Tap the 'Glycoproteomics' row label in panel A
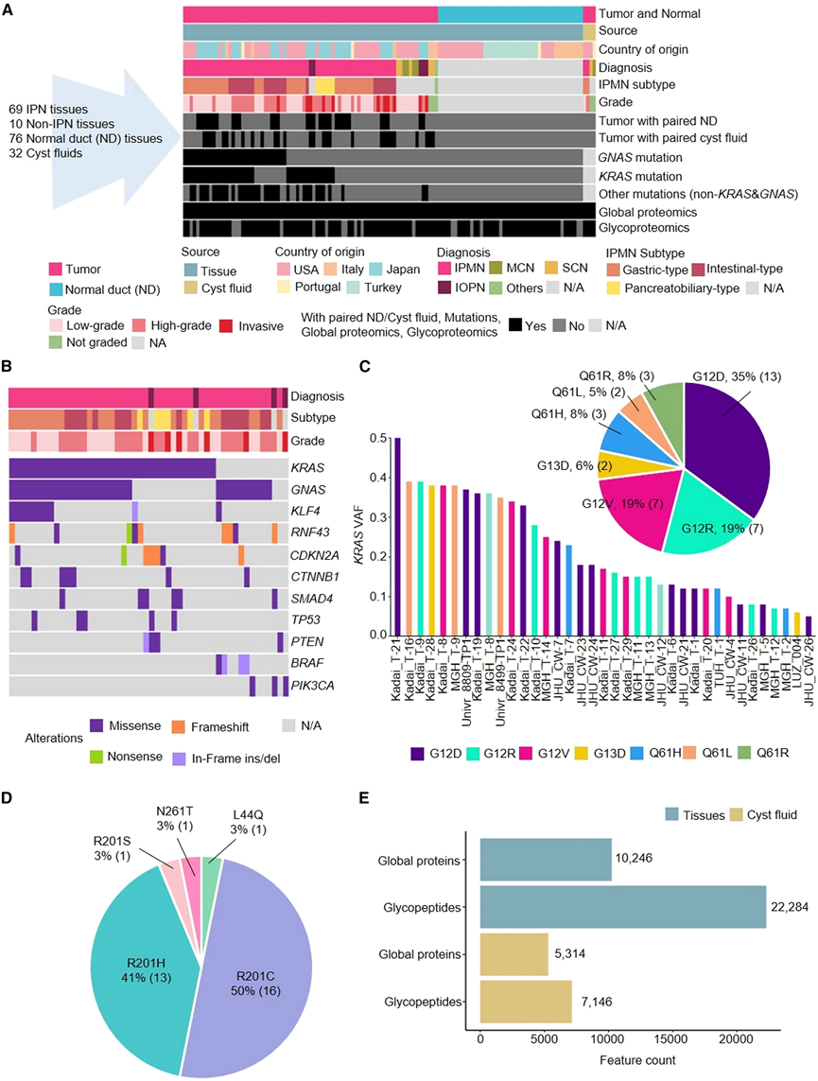tap(643, 228)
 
